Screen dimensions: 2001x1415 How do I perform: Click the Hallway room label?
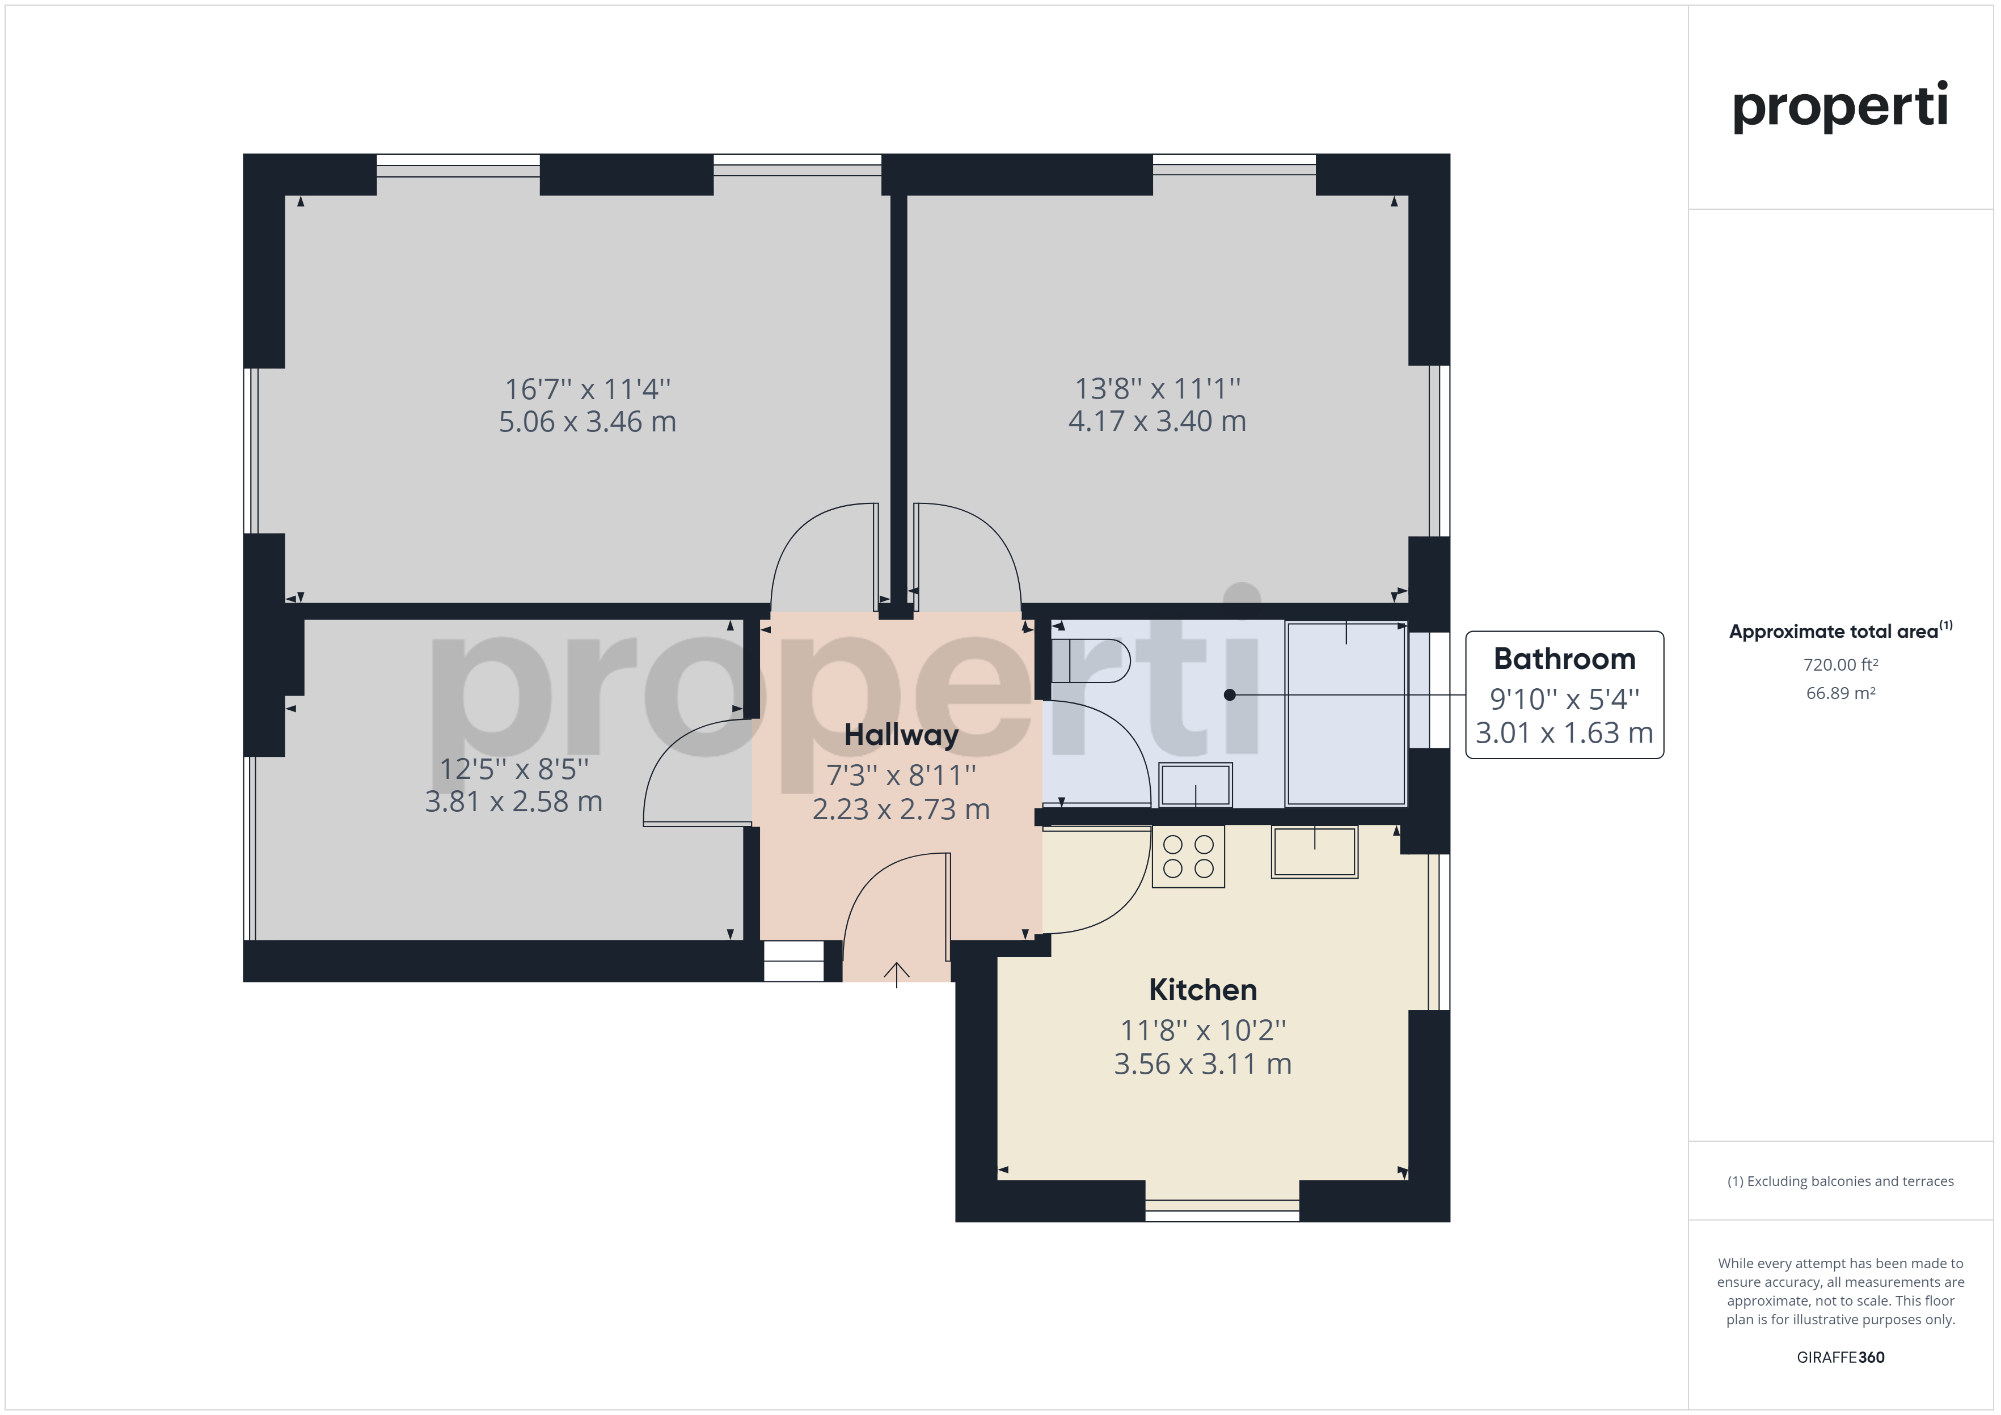coord(901,735)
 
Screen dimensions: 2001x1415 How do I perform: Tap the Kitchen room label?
coord(1202,990)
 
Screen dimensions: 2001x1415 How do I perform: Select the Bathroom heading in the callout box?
coord(1564,659)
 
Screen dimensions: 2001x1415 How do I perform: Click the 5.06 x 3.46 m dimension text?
coord(588,422)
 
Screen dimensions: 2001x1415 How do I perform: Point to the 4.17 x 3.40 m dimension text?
coord(1158,421)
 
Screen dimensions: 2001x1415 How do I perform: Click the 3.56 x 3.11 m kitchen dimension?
coord(1202,1064)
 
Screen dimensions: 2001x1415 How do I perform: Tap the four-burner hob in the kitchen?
coord(1188,857)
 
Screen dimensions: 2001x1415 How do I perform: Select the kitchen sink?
coord(1314,851)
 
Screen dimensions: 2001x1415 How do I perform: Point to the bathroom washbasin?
coord(1195,784)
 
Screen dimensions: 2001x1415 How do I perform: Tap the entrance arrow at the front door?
coord(897,974)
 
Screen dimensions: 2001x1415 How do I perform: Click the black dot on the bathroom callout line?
coord(1230,694)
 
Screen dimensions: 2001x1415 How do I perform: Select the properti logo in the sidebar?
coord(1840,107)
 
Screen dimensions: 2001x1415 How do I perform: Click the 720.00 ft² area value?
coord(1840,665)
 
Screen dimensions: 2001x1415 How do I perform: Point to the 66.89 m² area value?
coord(1840,693)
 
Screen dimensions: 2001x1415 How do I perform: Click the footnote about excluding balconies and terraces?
coord(1840,1181)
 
